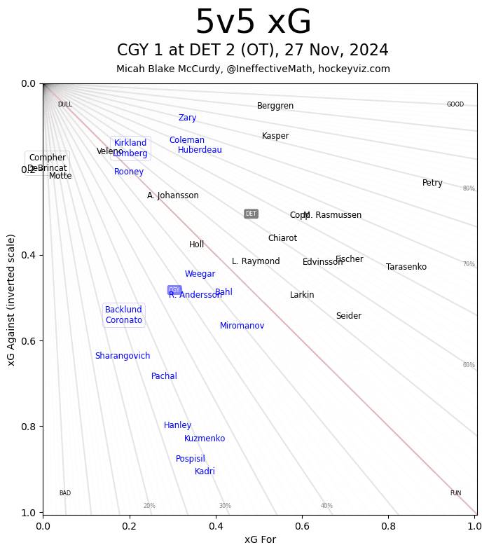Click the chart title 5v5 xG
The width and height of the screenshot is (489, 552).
click(253, 23)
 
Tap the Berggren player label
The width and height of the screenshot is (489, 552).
click(275, 106)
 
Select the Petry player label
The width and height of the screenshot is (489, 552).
click(432, 183)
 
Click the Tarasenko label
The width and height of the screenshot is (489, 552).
click(406, 267)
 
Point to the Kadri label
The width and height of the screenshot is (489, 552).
click(205, 471)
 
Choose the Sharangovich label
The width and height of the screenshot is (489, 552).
click(123, 356)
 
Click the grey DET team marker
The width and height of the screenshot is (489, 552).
click(251, 214)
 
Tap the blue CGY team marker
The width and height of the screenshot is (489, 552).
click(174, 290)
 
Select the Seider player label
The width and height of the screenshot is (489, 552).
click(349, 316)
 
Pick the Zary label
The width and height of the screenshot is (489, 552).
click(187, 118)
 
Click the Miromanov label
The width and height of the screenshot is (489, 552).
click(242, 326)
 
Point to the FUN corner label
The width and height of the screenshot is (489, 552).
click(455, 493)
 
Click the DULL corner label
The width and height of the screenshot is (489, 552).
click(64, 104)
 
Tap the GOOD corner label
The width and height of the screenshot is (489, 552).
click(455, 104)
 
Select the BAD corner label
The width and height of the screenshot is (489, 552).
click(64, 493)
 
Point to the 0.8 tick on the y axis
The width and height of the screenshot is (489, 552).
click(26, 427)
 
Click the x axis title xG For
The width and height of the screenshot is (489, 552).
click(260, 539)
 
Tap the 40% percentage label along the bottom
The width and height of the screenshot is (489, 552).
click(326, 506)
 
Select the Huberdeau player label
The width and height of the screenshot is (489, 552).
click(200, 150)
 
